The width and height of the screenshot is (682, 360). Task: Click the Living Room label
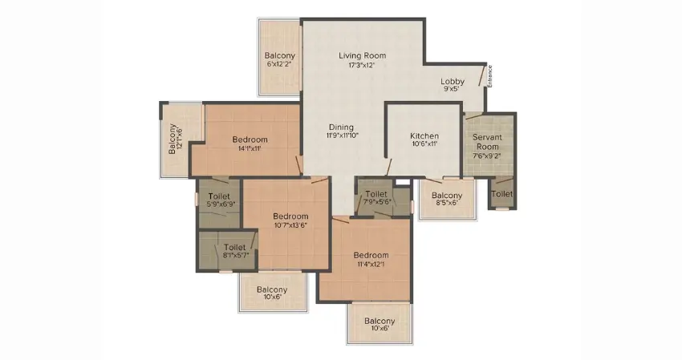click(363, 55)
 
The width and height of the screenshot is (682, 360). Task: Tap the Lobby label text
click(453, 81)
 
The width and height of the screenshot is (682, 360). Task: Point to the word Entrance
click(489, 76)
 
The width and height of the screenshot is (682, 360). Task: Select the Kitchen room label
click(424, 136)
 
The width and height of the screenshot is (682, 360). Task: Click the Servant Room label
click(487, 142)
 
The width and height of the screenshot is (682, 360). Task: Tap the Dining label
click(341, 127)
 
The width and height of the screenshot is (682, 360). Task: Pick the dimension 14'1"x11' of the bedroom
click(250, 148)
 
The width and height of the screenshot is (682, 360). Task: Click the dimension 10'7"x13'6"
click(290, 225)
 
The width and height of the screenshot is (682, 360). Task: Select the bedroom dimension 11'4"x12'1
click(371, 264)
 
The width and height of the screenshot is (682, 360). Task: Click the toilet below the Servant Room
click(502, 194)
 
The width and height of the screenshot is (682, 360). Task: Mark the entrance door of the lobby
click(482, 75)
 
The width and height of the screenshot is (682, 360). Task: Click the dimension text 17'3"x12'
click(362, 65)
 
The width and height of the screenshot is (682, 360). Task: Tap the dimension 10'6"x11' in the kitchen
click(424, 144)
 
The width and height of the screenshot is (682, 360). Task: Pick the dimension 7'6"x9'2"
click(487, 156)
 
